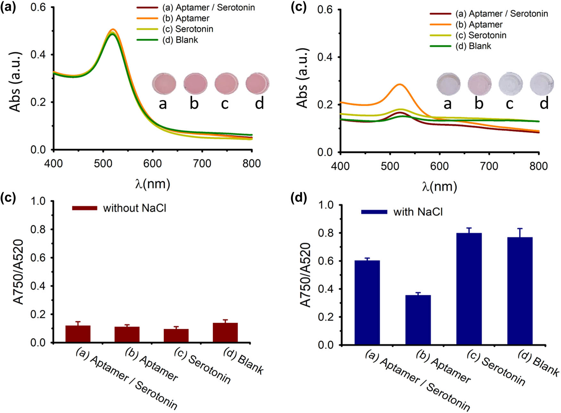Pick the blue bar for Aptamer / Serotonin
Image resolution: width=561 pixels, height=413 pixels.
[367, 302]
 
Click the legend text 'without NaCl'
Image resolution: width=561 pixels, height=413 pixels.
[135, 208]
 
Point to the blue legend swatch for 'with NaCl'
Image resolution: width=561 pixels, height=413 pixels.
[374, 212]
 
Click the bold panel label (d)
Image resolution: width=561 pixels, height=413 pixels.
[298, 198]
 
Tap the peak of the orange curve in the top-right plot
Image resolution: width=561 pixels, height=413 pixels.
[400, 84]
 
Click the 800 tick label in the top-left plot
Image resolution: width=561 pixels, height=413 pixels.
[252, 163]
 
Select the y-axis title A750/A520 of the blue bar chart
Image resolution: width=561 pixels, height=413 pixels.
[306, 275]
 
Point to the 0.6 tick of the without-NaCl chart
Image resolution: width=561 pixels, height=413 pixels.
[38, 258]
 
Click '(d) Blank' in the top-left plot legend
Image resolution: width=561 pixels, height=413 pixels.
[180, 40]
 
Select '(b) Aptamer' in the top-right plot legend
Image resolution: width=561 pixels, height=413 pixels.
[479, 25]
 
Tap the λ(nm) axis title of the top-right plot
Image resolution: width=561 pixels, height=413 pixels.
[439, 186]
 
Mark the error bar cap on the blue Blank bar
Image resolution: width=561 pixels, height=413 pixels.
[520, 228]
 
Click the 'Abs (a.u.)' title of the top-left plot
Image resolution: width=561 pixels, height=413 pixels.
[15, 81]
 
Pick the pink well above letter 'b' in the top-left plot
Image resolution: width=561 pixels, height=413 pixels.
[195, 83]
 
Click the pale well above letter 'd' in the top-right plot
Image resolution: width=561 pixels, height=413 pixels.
[541, 84]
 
